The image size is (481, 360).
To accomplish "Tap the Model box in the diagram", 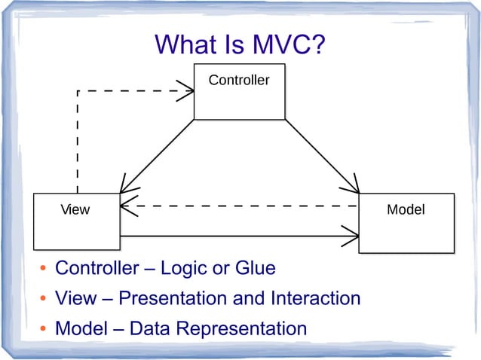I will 406,222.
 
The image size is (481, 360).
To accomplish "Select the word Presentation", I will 173,298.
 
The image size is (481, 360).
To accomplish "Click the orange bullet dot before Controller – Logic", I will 44,270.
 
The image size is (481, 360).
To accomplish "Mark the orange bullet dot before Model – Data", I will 44,331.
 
